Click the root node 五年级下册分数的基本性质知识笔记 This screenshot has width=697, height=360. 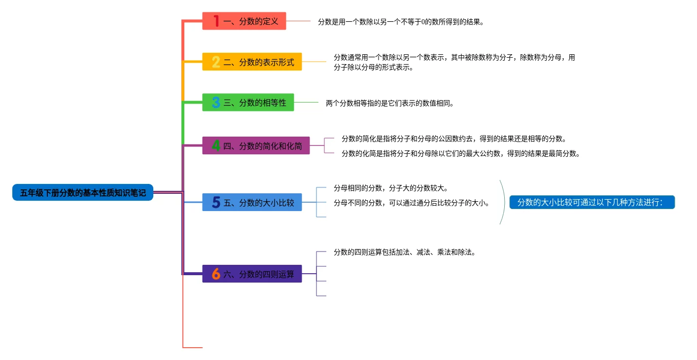click(x=83, y=193)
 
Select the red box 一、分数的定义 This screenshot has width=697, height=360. click(x=244, y=21)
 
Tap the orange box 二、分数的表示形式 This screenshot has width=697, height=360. click(x=252, y=62)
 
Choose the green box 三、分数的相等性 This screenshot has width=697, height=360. click(x=248, y=103)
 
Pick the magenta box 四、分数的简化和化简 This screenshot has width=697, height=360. click(x=256, y=146)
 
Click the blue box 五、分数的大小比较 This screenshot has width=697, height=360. click(x=252, y=203)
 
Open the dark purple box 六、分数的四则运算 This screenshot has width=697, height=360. click(x=252, y=274)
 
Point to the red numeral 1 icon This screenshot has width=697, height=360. click(x=216, y=21)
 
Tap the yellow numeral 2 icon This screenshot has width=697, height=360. click(x=216, y=62)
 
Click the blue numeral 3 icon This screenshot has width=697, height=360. click(x=216, y=103)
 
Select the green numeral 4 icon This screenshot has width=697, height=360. click(x=216, y=146)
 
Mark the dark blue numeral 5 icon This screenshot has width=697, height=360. click(x=216, y=203)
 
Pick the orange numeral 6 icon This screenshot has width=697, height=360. click(x=216, y=274)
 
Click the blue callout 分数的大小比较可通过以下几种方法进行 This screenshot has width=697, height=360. click(x=592, y=203)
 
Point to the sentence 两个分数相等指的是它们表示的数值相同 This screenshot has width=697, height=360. click(x=389, y=104)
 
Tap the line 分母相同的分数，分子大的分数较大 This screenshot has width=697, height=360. click(x=390, y=188)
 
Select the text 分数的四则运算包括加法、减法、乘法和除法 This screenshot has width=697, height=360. click(x=404, y=252)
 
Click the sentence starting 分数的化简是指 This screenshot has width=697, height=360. click(x=460, y=153)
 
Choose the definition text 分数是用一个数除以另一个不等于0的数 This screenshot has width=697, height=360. click(x=401, y=22)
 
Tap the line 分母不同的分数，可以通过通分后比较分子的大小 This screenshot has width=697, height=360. click(x=411, y=203)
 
